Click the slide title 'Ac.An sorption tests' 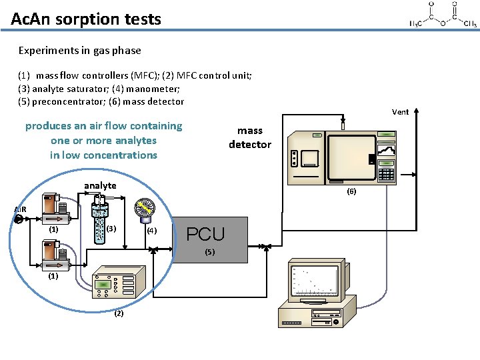pos(86,19)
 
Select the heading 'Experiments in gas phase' pos(79,50)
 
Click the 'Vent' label pos(400,112)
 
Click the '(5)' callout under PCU pos(210,252)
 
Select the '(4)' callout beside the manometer pos(152,231)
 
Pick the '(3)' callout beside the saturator pos(111,229)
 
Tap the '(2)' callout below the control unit pos(119,313)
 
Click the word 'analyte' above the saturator pos(100,185)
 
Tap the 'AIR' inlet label pos(21,209)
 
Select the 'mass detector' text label pos(250,137)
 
